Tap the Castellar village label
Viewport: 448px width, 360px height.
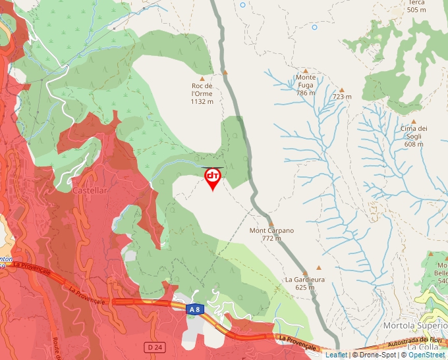click(89, 190)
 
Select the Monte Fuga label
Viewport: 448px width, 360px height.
click(306, 85)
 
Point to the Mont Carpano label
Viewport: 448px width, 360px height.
click(271, 234)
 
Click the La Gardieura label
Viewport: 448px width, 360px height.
click(304, 283)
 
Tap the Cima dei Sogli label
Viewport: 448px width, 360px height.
click(414, 136)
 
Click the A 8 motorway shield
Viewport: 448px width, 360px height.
click(195, 309)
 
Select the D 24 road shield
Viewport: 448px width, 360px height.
click(154, 346)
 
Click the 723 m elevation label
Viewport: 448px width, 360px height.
click(342, 97)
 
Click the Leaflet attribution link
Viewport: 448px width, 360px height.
click(336, 355)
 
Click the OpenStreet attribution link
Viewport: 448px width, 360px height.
click(426, 355)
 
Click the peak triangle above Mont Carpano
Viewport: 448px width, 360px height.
click(271, 224)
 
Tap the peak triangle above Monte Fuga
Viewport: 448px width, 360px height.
click(305, 69)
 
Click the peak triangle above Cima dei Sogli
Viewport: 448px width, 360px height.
click(414, 122)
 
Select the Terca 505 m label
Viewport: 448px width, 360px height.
click(416, 7)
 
